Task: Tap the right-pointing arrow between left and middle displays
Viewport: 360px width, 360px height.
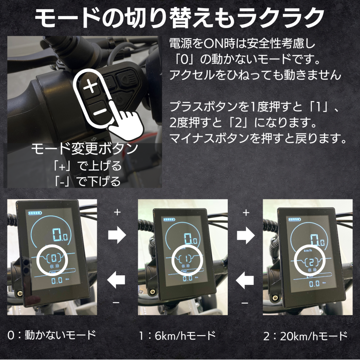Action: coord(117,235)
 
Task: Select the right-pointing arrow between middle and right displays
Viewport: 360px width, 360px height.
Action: coord(246,235)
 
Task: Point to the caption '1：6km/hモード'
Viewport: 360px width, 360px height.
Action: coord(177,336)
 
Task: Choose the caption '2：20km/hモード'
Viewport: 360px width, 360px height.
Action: coord(305,336)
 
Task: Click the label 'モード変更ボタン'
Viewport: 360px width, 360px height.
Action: coord(84,149)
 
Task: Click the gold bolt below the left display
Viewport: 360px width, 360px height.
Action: coord(19,292)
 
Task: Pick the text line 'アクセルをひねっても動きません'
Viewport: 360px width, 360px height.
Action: coord(255,75)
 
